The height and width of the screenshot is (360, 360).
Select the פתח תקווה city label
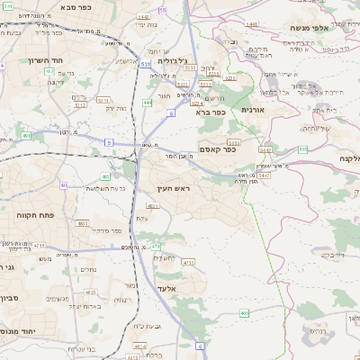tap(35, 216)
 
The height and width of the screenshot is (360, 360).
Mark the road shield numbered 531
tap(146, 64)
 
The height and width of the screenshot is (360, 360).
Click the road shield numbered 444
tap(147, 103)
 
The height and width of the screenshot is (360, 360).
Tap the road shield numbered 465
tap(245, 313)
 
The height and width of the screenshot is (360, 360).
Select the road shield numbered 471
tap(156, 245)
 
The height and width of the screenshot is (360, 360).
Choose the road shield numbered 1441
tap(250, 24)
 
